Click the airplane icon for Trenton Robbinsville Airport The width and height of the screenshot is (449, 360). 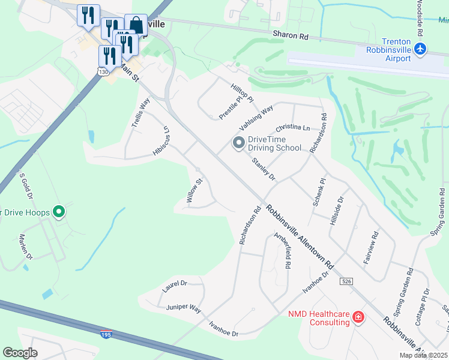point(421,48)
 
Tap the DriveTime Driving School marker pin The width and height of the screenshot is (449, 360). point(238,143)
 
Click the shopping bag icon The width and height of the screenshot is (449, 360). point(136,25)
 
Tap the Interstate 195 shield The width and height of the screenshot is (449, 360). point(106,334)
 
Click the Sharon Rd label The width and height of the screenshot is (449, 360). point(290,36)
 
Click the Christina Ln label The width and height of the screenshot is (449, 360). point(292,128)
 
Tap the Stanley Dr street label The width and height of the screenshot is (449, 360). point(264,169)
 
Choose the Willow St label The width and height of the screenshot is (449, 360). point(195,191)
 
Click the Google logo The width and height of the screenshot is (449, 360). point(20,353)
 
